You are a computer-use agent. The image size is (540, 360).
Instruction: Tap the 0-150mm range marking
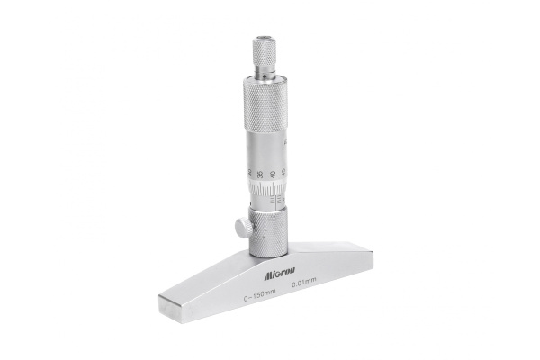[258, 297]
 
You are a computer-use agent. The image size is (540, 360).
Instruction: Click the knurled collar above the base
[267, 233]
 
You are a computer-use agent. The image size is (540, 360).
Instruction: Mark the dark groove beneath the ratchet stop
[263, 75]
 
